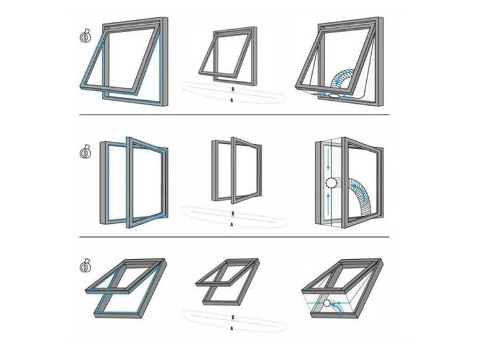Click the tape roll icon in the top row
[x=85, y=36]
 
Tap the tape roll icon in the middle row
[x=85, y=152]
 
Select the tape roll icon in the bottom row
[x=85, y=266]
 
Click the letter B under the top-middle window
[x=233, y=89]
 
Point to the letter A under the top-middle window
[x=232, y=100]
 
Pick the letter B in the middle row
[x=233, y=213]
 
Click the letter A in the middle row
[x=232, y=224]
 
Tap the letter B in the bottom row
[x=233, y=318]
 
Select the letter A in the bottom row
[x=232, y=328]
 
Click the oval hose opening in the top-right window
[x=334, y=96]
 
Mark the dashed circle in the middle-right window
[x=331, y=183]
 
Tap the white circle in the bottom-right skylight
[x=327, y=303]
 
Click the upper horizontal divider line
[x=234, y=115]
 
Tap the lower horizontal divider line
[x=234, y=237]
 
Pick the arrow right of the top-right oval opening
[x=346, y=96]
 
